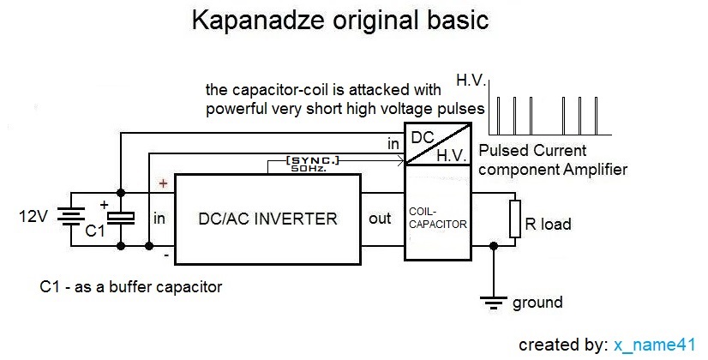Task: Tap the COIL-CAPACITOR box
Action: pyautogui.click(x=437, y=218)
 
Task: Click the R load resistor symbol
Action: pyautogui.click(x=515, y=219)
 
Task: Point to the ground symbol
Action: pyautogui.click(x=493, y=300)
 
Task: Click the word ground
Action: pyautogui.click(x=537, y=303)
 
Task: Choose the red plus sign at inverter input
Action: pyautogui.click(x=162, y=183)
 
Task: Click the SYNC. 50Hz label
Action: pyautogui.click(x=315, y=165)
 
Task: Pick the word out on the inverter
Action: pyautogui.click(x=380, y=219)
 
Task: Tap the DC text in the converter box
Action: pyautogui.click(x=422, y=138)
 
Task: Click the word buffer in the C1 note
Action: pyautogui.click(x=124, y=286)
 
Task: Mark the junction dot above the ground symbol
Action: pyautogui.click(x=493, y=245)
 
